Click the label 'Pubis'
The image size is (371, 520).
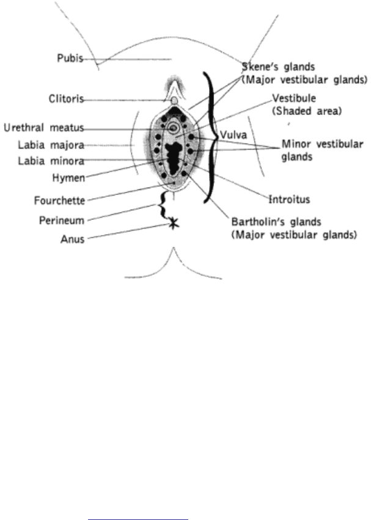(70, 58)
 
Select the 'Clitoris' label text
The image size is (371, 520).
(67, 99)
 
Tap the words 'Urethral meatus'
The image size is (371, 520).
(44, 128)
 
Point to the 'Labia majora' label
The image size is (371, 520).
(51, 145)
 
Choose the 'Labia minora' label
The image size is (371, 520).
(51, 161)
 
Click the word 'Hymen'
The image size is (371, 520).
(68, 178)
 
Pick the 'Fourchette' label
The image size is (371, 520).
(60, 200)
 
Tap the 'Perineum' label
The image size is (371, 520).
(62, 220)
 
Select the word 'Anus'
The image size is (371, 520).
(72, 239)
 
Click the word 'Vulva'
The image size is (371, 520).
(233, 135)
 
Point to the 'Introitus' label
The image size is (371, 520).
(289, 199)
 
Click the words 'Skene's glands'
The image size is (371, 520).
(279, 67)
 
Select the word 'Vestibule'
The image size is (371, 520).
(295, 98)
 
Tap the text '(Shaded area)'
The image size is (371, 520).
(307, 111)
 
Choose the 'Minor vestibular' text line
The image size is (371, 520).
(323, 144)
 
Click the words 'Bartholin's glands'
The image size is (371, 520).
(276, 222)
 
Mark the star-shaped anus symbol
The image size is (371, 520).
(173, 224)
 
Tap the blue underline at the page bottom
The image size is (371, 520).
(138, 519)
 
